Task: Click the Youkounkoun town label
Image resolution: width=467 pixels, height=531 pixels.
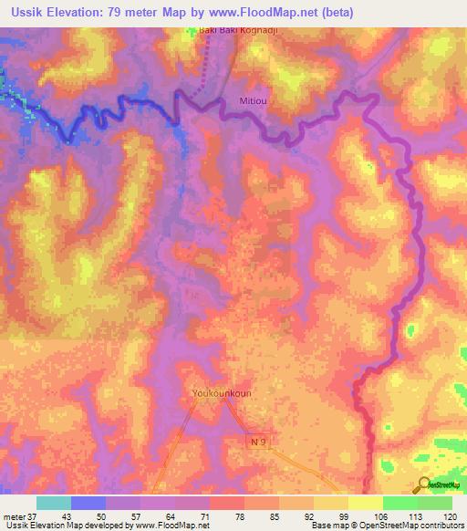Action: (222, 393)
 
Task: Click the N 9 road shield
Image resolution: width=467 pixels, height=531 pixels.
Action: (260, 441)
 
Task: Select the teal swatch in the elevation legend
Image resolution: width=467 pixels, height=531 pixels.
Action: (53, 503)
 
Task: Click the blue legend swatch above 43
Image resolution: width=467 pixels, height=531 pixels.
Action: (88, 503)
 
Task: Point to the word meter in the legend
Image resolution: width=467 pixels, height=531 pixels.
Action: (13, 516)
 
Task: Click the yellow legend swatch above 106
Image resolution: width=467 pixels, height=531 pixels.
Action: (365, 503)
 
